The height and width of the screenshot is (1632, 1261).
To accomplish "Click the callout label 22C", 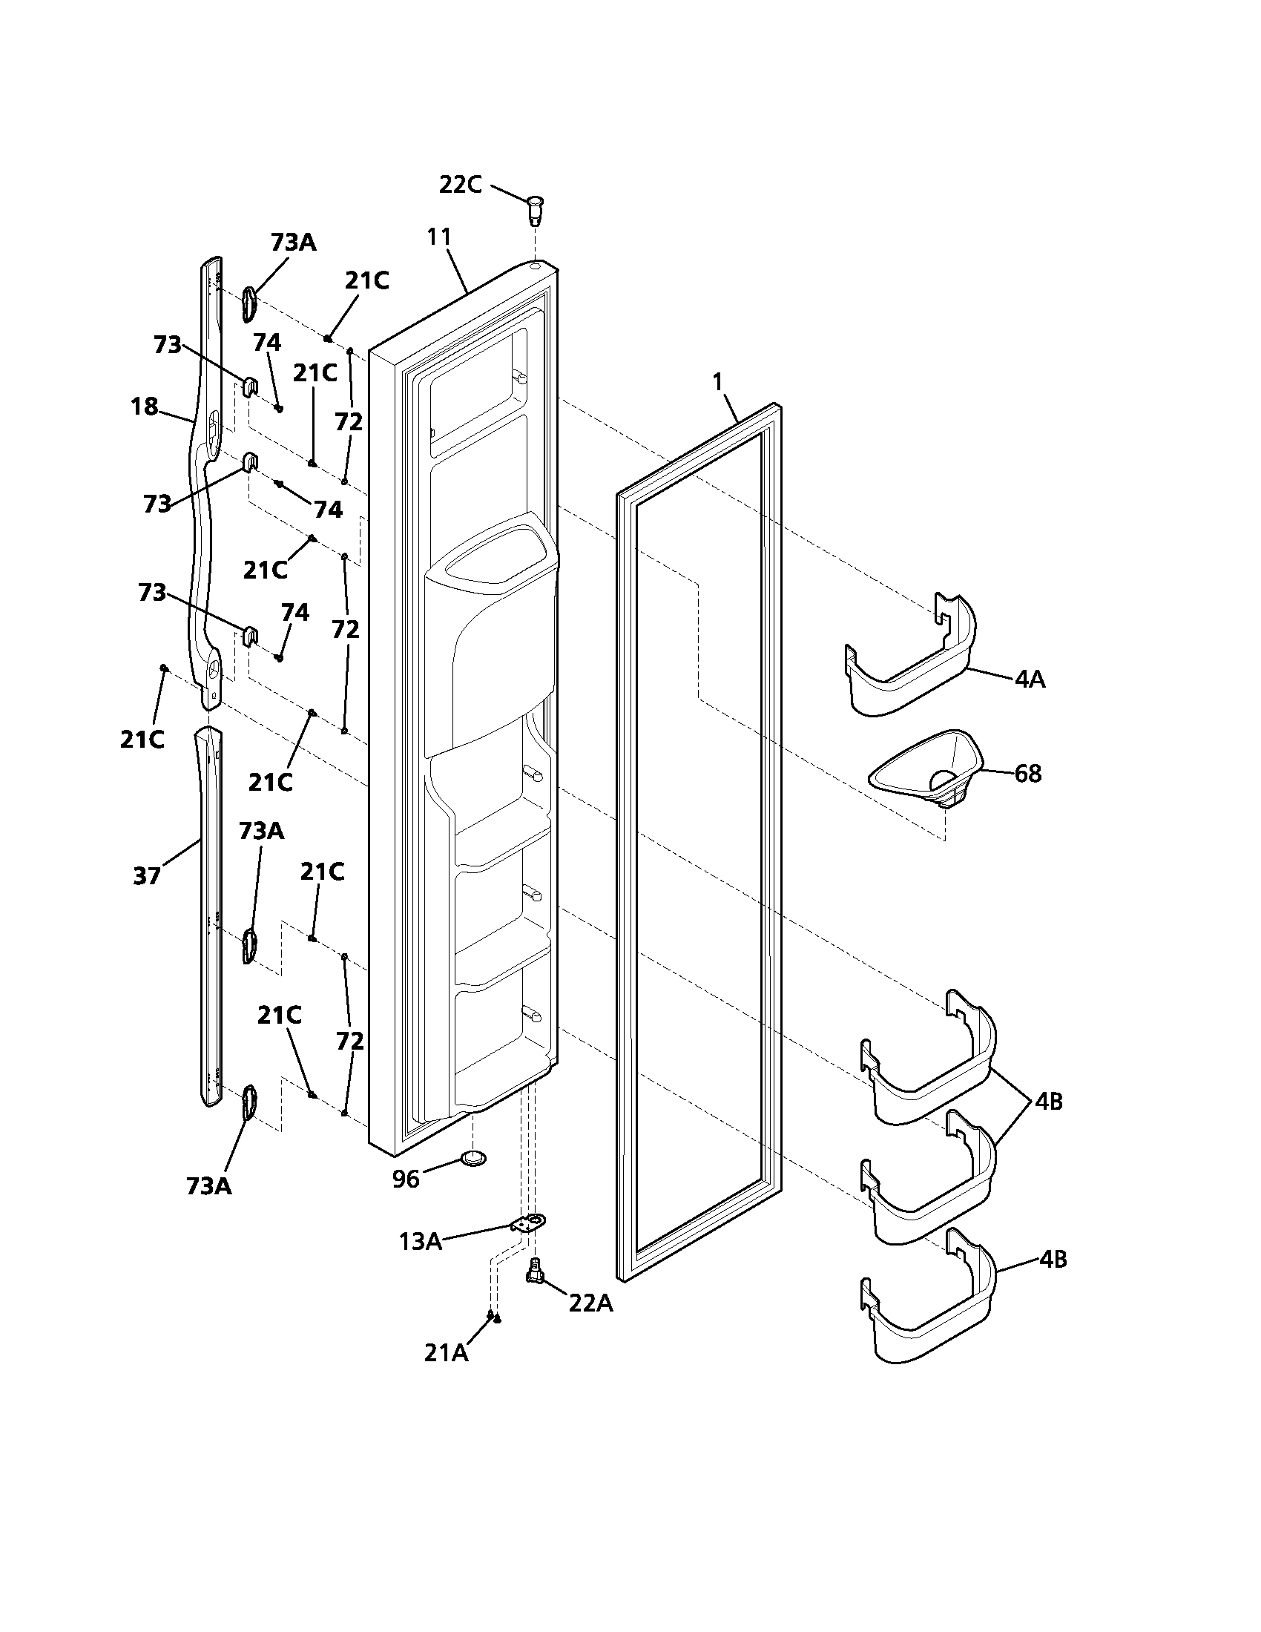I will point(460,185).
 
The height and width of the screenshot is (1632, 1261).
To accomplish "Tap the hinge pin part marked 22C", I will point(535,208).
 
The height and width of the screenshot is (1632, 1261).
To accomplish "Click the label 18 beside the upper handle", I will point(144,407).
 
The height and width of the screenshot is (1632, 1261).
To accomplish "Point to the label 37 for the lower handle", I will point(147,875).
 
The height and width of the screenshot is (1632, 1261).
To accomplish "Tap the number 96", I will point(406,1179).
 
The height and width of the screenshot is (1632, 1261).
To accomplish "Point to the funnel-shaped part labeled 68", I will point(926,769).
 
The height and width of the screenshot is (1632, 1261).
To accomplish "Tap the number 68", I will point(1028,774).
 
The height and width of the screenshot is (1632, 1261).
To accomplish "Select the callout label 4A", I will point(1030,680).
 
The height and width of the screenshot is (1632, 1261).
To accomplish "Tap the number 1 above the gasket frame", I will point(718,383).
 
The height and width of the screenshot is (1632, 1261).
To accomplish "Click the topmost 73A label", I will point(293,243).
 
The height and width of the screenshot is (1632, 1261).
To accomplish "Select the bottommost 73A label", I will point(209,1186).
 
